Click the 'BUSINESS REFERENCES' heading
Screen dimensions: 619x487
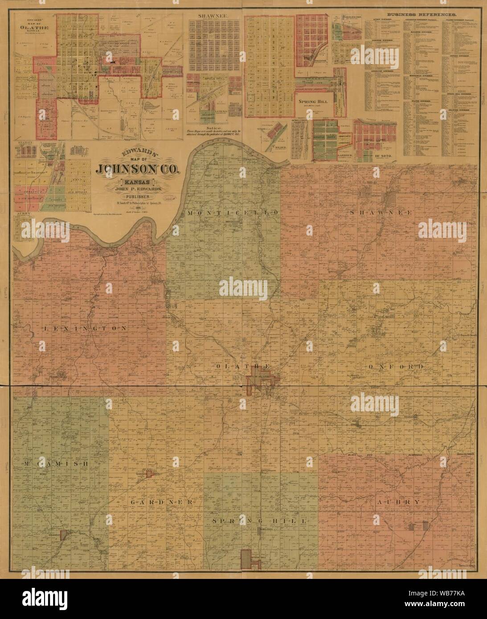click(422, 15)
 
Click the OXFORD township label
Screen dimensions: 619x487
click(396, 366)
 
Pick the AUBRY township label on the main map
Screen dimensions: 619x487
click(398, 502)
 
